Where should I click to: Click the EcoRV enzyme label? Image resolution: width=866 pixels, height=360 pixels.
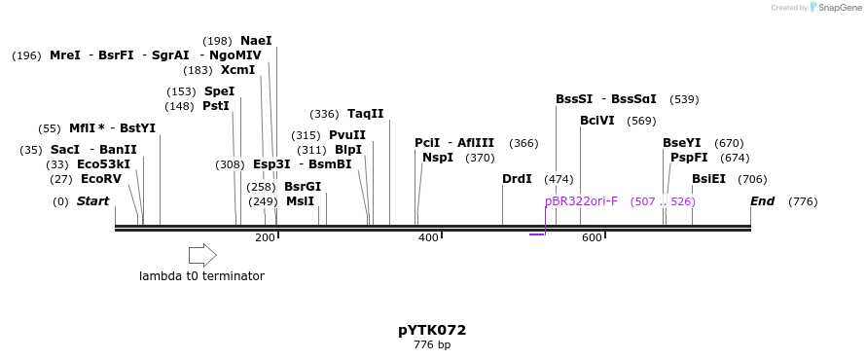(x=101, y=179)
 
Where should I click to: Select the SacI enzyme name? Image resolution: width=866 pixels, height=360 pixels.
(x=64, y=150)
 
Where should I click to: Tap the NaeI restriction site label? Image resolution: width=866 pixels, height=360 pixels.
(x=256, y=41)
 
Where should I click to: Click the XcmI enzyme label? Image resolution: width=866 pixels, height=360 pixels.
(x=237, y=70)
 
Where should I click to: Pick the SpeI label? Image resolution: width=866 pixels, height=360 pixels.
(x=219, y=91)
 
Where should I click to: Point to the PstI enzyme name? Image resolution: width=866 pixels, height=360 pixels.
(x=215, y=106)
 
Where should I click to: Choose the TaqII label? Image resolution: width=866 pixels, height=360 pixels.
(x=366, y=114)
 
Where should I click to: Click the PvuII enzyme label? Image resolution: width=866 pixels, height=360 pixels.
(x=347, y=135)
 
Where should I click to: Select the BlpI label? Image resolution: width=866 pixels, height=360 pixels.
(x=348, y=150)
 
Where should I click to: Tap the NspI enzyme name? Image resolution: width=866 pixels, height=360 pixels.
(x=438, y=158)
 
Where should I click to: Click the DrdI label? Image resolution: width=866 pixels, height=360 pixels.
(x=517, y=179)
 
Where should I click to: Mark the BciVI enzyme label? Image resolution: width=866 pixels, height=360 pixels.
(x=597, y=121)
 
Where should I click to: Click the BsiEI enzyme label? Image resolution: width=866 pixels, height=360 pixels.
(x=708, y=179)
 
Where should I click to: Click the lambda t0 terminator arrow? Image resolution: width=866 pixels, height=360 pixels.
(x=202, y=255)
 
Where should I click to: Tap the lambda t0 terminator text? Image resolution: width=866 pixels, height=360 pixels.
(x=201, y=276)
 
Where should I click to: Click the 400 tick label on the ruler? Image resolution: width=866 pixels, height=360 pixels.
(x=428, y=238)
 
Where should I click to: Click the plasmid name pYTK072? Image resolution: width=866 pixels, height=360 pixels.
(x=432, y=330)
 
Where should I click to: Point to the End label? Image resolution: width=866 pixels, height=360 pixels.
(x=762, y=201)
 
